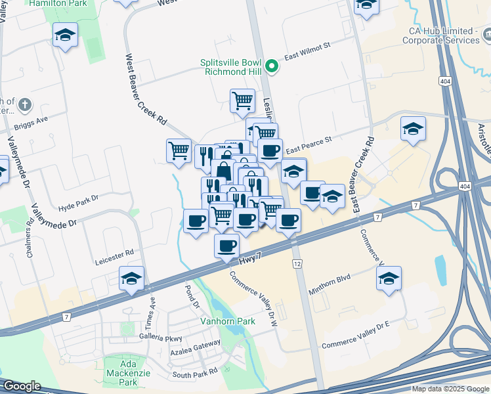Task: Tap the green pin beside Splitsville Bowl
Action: (x=271, y=67)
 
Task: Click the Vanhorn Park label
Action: (x=227, y=322)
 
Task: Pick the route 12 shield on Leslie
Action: (x=297, y=263)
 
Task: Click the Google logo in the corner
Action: (x=22, y=386)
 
